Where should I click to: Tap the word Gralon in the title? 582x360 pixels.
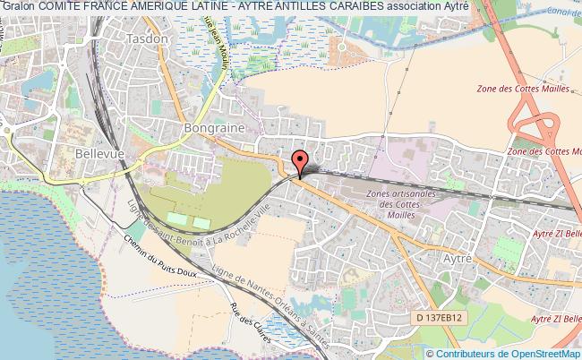(18, 6)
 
